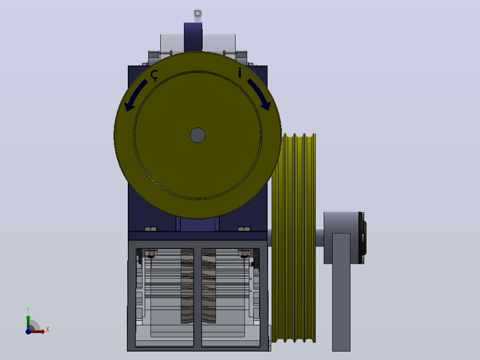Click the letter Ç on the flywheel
[154, 75]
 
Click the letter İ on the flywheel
[240, 73]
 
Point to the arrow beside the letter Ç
[135, 95]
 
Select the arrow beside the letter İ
[260, 94]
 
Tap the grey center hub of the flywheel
[198, 135]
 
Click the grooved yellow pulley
[293, 238]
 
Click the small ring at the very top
[197, 13]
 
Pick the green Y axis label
[28, 310]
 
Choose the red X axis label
[48, 330]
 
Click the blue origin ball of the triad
[28, 331]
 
